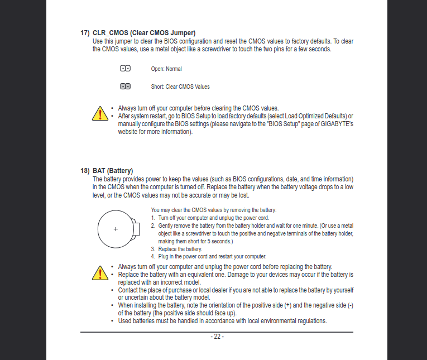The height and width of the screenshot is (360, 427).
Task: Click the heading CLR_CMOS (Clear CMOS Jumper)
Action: (x=143, y=33)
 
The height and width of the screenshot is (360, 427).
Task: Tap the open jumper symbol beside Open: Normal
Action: (x=125, y=69)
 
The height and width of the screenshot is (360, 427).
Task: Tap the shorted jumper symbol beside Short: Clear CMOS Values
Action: (x=125, y=87)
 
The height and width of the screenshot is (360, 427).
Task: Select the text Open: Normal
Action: (x=166, y=69)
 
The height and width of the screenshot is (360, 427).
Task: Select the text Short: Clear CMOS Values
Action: (x=180, y=87)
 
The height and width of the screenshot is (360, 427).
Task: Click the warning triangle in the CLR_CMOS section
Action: (x=99, y=114)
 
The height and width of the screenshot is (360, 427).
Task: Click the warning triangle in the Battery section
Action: (x=99, y=273)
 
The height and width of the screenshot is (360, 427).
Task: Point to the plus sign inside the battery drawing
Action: (x=116, y=229)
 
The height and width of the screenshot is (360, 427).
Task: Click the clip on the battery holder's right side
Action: (x=137, y=229)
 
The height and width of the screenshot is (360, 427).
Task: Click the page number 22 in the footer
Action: (x=217, y=337)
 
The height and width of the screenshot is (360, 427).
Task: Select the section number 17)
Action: (x=85, y=33)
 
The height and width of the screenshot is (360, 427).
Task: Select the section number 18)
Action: (x=85, y=170)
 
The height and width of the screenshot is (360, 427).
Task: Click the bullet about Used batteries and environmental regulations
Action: (x=222, y=321)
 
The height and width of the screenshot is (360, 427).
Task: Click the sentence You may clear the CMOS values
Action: (x=214, y=210)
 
